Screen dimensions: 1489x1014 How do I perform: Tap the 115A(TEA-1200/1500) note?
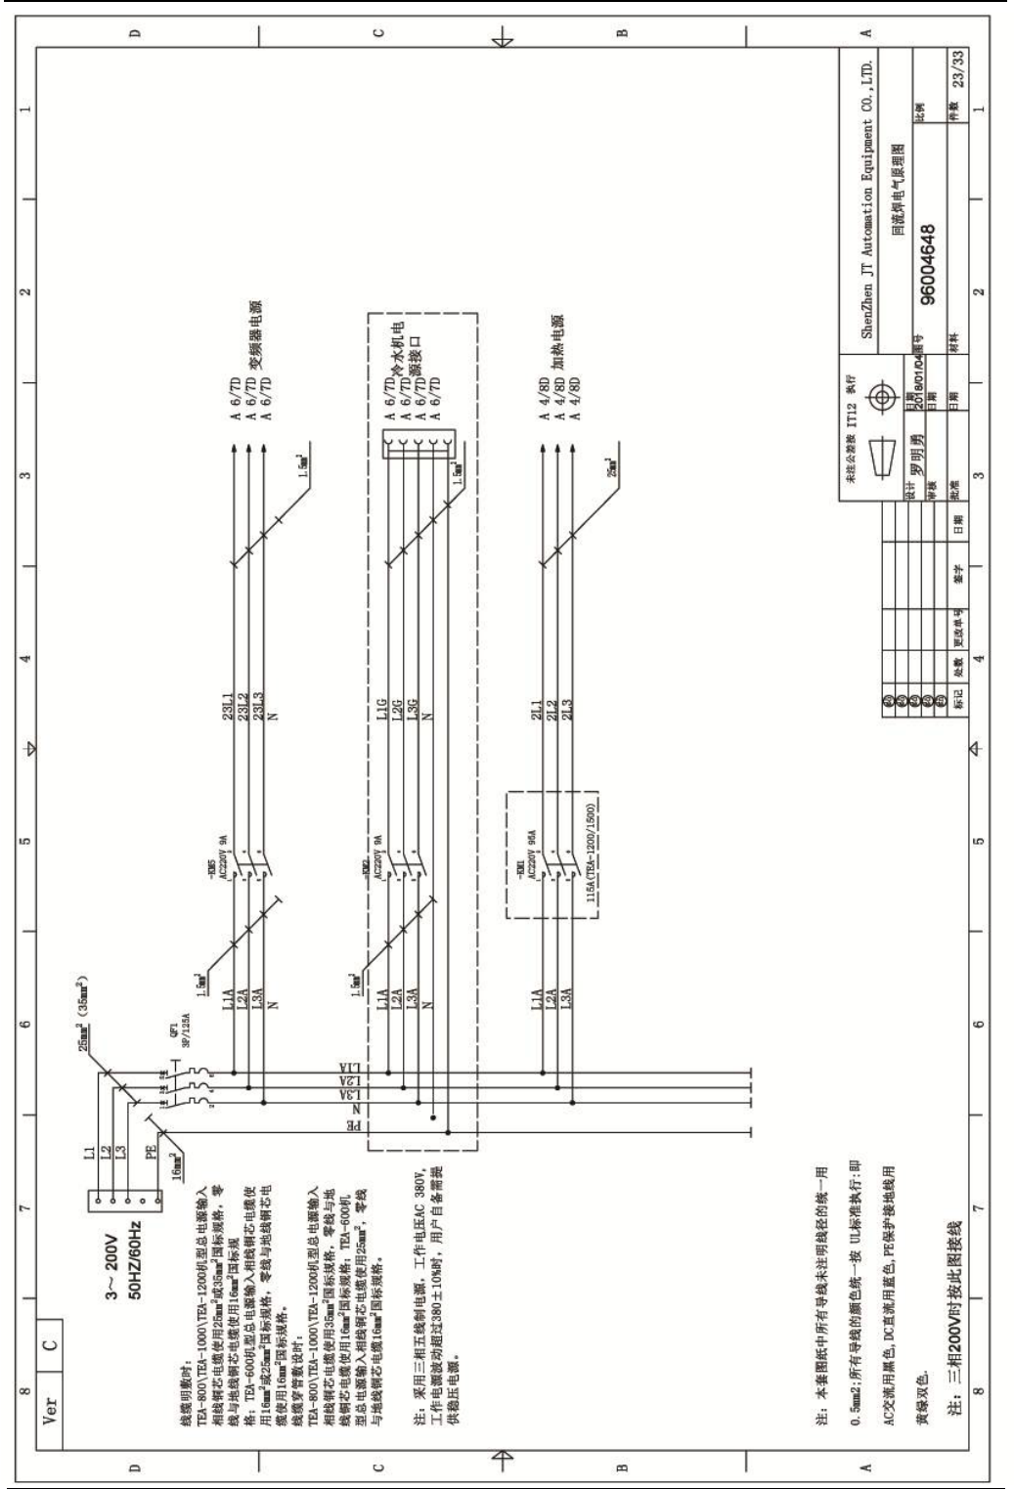(x=594, y=854)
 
